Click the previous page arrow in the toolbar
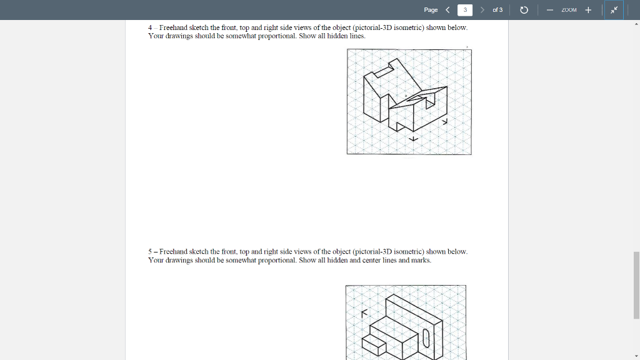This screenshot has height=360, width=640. tap(447, 10)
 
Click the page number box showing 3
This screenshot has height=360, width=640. tap(465, 10)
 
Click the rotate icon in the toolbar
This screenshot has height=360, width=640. tap(524, 10)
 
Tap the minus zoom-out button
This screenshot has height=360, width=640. tap(549, 10)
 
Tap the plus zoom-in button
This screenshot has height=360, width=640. tap(588, 10)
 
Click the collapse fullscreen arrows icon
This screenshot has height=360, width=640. tap(614, 10)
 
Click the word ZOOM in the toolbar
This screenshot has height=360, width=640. tap(568, 10)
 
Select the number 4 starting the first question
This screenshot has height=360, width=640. tap(151, 28)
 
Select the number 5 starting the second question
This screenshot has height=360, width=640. tap(151, 252)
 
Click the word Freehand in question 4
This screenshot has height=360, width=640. tap(173, 28)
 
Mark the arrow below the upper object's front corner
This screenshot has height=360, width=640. tap(412, 138)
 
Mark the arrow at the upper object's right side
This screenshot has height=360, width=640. tap(445, 123)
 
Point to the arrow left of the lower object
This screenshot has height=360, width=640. tap(362, 314)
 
